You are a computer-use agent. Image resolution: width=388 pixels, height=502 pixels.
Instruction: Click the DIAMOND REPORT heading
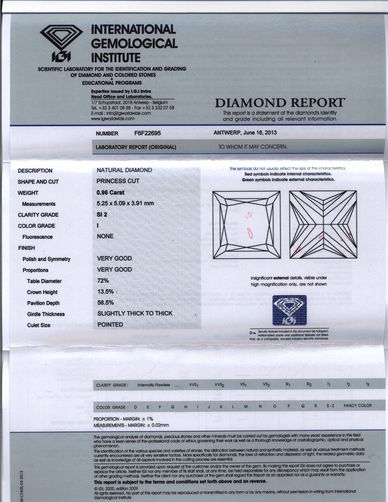279,102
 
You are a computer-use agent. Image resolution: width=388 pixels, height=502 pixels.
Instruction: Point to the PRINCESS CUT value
118,181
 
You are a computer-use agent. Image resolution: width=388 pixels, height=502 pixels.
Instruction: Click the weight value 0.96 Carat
114,192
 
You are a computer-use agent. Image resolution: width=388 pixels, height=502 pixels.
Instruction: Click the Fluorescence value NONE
106,236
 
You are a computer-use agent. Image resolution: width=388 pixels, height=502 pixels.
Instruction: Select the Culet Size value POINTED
110,325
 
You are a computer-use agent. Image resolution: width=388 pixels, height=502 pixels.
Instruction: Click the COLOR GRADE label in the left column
37,226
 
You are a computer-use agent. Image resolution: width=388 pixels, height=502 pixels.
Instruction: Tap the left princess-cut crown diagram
246,225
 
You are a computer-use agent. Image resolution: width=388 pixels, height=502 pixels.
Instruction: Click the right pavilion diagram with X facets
322,225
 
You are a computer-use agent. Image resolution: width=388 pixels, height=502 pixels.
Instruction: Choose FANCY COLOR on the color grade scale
357,406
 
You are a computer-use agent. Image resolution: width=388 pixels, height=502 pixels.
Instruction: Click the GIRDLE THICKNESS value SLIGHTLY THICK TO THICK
134,314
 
